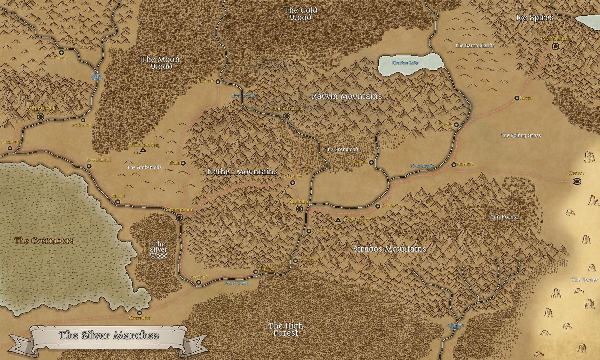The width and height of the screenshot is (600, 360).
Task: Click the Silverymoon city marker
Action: point(180,218)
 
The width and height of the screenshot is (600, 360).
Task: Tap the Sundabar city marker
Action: point(299,209)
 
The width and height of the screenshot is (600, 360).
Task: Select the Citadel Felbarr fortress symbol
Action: point(286,116)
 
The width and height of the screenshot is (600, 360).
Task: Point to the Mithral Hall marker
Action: point(41,117)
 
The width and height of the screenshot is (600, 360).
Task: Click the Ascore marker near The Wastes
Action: point(577,181)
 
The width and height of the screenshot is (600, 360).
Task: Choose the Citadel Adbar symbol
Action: point(555,46)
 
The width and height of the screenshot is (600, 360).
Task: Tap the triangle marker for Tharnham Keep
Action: point(143,151)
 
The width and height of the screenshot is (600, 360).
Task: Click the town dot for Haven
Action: point(517,98)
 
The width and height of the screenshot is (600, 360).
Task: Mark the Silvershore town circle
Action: point(139,313)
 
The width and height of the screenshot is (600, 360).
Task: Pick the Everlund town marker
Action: point(199,282)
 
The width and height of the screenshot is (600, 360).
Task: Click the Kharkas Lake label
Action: point(405,63)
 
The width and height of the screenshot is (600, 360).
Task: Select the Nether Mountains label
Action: point(242,172)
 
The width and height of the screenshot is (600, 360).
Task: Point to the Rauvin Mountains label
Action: point(347,96)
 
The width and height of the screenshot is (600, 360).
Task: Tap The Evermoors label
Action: point(44,240)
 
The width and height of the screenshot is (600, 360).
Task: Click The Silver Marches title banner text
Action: point(109,335)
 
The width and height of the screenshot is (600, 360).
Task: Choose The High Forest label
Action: point(286,329)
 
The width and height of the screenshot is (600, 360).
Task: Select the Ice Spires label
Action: point(535,18)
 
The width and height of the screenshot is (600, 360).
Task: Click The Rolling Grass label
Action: point(521,135)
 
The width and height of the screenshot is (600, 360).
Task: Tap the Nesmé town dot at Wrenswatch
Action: point(89,166)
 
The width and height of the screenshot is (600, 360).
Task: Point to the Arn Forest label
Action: point(504,217)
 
